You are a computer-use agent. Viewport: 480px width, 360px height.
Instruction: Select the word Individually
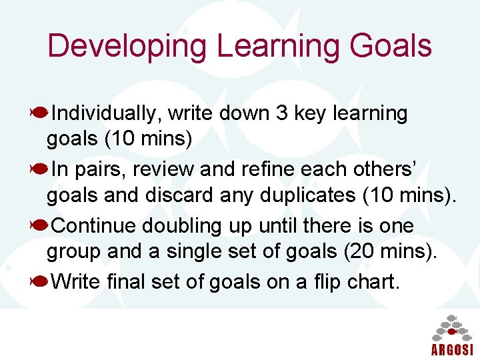coord(106,114)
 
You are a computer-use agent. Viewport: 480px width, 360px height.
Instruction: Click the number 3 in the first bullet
coord(281,114)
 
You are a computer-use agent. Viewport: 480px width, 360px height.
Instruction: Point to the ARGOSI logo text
coord(451,349)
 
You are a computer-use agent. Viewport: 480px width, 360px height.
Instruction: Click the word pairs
coord(104,170)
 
